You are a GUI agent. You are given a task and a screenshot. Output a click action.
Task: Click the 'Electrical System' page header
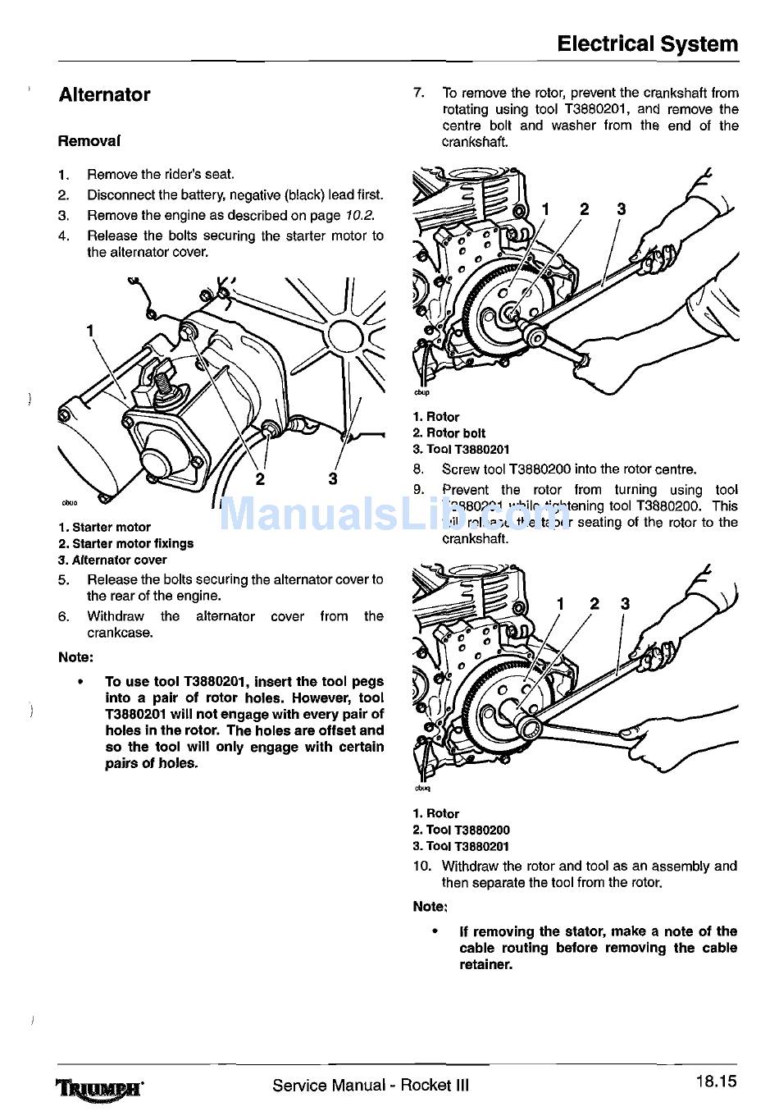point(647,44)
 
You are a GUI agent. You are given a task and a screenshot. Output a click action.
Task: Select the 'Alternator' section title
point(104,95)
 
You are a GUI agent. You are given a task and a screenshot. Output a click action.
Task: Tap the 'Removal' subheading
point(89,141)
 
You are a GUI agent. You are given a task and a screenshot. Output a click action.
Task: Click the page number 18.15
point(716,1082)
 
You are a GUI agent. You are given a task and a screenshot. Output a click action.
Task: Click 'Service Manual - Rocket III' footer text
point(371,1086)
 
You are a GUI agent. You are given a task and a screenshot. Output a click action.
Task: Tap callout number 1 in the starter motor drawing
point(90,331)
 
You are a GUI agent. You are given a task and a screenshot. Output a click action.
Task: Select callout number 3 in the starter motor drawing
point(333,479)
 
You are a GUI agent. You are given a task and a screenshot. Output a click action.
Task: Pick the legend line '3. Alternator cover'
point(112,560)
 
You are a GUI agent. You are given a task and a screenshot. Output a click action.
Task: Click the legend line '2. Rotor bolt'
point(449,433)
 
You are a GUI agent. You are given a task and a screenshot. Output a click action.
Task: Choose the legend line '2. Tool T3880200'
point(461,830)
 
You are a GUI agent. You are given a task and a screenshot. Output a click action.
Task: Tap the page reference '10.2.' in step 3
point(359,216)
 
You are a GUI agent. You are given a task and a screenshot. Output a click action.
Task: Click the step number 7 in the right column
point(418,94)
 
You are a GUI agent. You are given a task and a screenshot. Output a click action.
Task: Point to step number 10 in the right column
point(421,867)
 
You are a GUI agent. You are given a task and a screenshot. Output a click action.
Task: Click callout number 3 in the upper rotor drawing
point(621,209)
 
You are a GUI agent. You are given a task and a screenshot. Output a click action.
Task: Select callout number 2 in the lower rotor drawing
point(594,605)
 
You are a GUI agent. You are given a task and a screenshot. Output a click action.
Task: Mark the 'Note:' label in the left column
point(75,657)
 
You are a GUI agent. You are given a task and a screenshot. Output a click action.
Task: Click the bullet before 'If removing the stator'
point(435,932)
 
